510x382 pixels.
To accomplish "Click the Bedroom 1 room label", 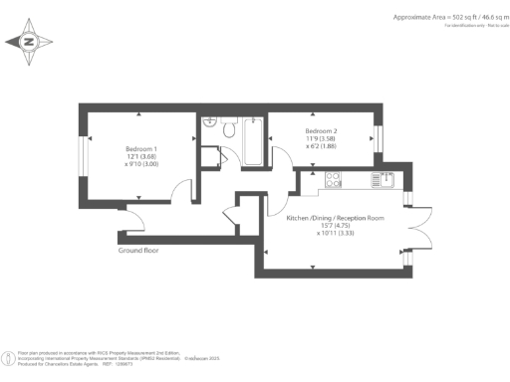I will (141, 148).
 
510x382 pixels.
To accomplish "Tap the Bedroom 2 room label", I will (322, 131).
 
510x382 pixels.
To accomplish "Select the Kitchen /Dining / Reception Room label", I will (334, 217).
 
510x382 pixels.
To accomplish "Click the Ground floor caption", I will (138, 251).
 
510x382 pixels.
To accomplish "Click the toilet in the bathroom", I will (228, 127).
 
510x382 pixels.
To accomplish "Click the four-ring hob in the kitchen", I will (333, 180).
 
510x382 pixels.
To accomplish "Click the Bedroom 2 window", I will (379, 137).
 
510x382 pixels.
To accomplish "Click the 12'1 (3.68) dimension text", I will (141, 156).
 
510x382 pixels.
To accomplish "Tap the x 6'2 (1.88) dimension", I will (322, 147).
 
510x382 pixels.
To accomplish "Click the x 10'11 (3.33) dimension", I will (334, 234).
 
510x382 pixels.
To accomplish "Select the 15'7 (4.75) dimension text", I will (334, 226).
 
